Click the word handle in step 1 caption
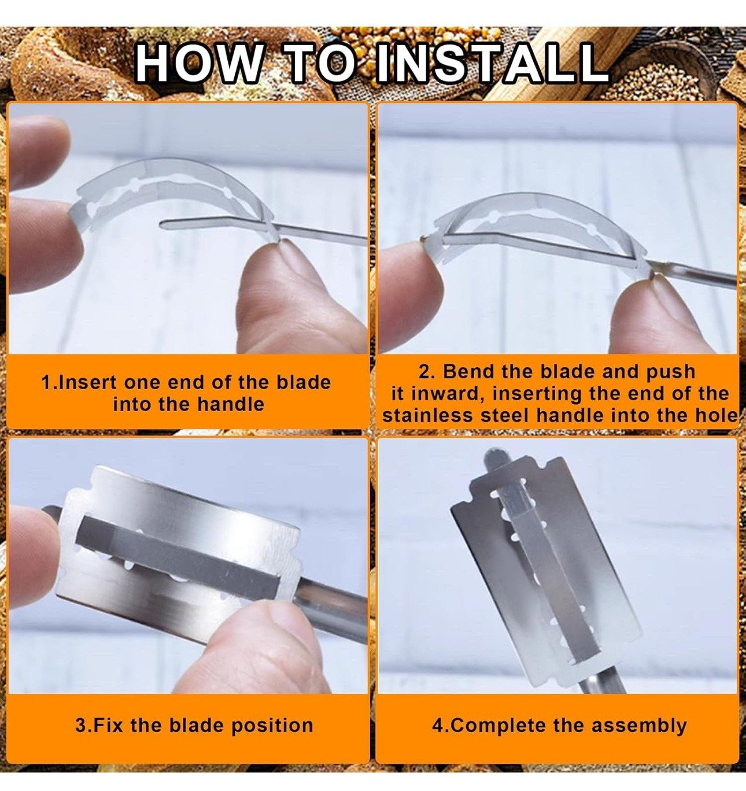click(x=231, y=404)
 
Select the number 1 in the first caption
click(x=46, y=383)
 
